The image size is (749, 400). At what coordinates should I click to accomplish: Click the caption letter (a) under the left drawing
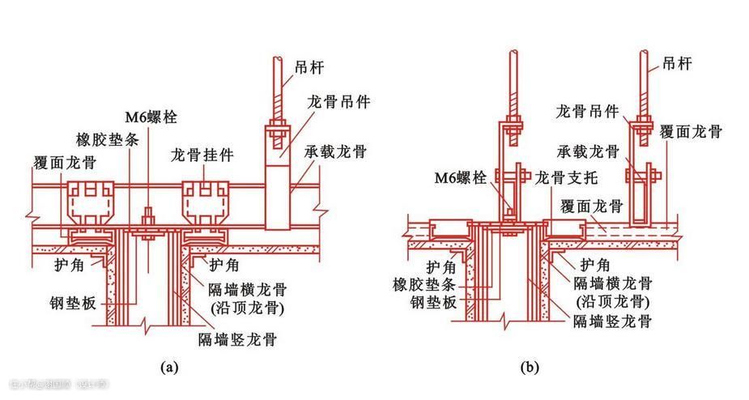click(x=170, y=367)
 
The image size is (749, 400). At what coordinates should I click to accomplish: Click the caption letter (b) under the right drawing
click(x=530, y=367)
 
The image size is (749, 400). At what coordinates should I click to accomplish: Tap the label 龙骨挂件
click(x=198, y=154)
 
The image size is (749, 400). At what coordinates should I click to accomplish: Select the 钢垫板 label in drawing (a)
click(x=73, y=303)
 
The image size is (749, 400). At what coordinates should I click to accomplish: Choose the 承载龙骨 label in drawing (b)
click(x=587, y=151)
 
